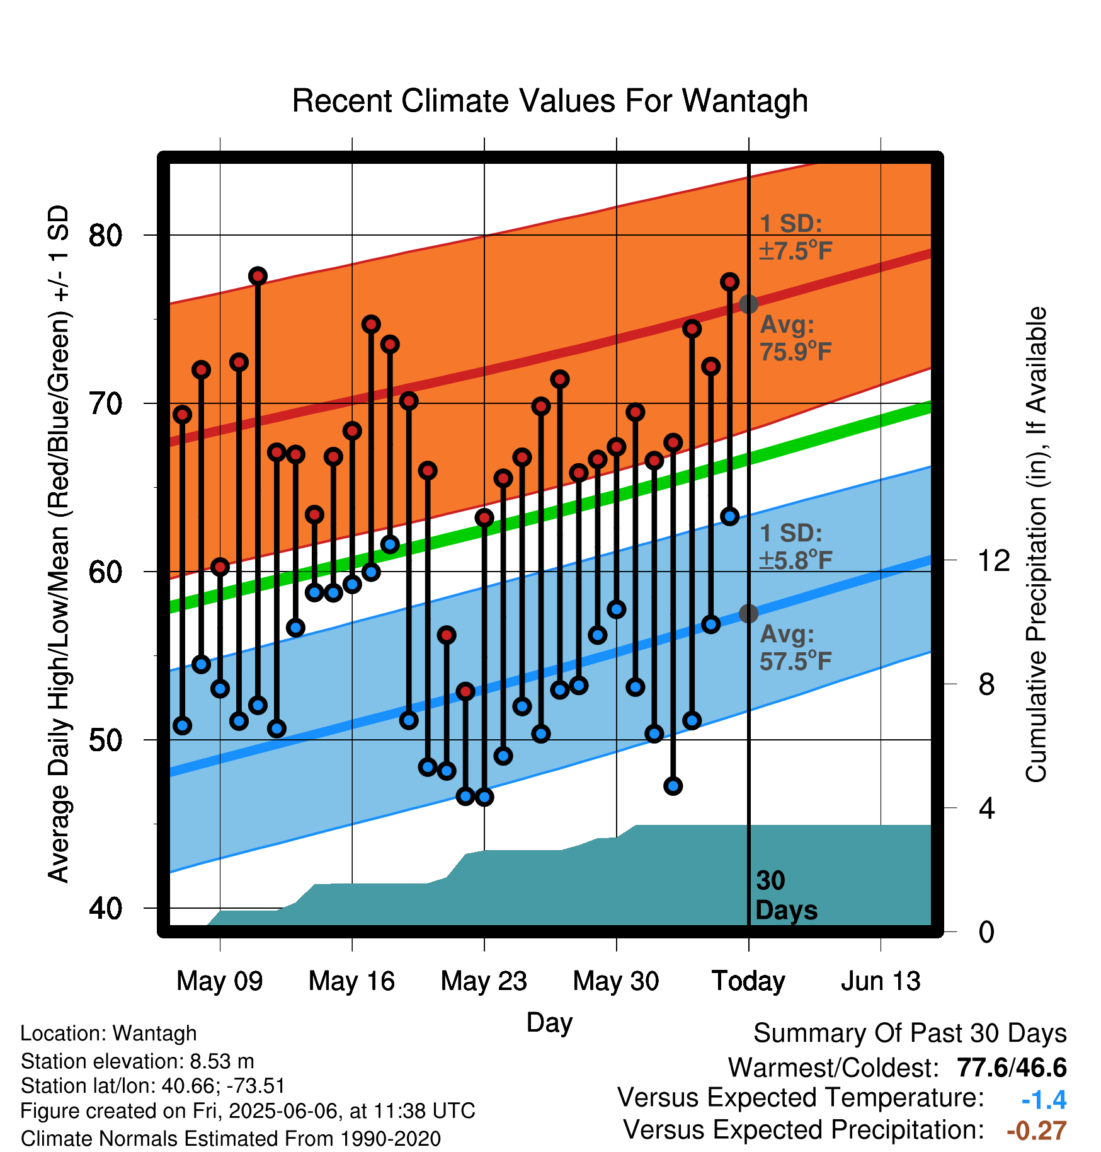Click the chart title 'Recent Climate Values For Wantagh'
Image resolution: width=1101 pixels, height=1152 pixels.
pos(550,101)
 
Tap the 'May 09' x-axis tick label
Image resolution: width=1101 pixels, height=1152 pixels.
pos(219,981)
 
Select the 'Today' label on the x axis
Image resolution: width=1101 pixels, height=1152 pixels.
pos(748,981)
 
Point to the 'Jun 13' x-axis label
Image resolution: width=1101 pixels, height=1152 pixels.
pos(881,981)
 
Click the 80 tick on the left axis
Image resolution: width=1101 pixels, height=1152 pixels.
pos(105,235)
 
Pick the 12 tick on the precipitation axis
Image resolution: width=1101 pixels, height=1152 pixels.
pos(994,560)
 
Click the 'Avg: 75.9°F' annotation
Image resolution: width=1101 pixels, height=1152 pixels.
pos(796,338)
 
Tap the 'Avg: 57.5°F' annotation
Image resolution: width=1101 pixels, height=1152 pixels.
pos(796,647)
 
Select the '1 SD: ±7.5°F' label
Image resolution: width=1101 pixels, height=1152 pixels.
pos(796,237)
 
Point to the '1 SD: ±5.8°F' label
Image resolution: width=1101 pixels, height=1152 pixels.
pos(796,546)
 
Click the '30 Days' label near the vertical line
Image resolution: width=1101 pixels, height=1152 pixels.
pos(786,896)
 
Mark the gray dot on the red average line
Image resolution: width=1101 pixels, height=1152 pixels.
pos(748,304)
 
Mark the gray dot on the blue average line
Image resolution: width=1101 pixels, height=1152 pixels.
pos(748,613)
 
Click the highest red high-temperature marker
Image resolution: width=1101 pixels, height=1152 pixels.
pos(258,275)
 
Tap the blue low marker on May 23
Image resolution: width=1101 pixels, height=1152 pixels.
pos(484,797)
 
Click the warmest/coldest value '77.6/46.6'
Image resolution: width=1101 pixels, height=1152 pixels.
pos(1012,1068)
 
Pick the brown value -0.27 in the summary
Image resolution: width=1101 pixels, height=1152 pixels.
pos(1037,1131)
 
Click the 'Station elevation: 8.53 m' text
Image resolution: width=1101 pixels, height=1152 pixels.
pos(137,1061)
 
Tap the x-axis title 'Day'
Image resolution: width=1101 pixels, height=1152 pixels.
pos(549,1023)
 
